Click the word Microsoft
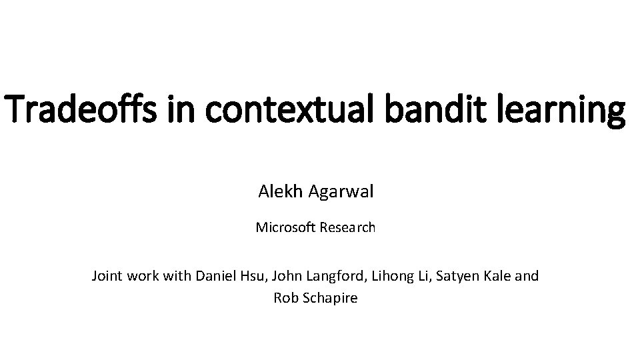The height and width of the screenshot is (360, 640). click(x=286, y=227)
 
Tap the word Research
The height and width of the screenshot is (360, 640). click(x=347, y=227)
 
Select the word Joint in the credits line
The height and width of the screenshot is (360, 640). click(x=107, y=275)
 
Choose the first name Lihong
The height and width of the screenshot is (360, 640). click(x=387, y=276)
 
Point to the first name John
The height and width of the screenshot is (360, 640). click(x=287, y=275)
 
